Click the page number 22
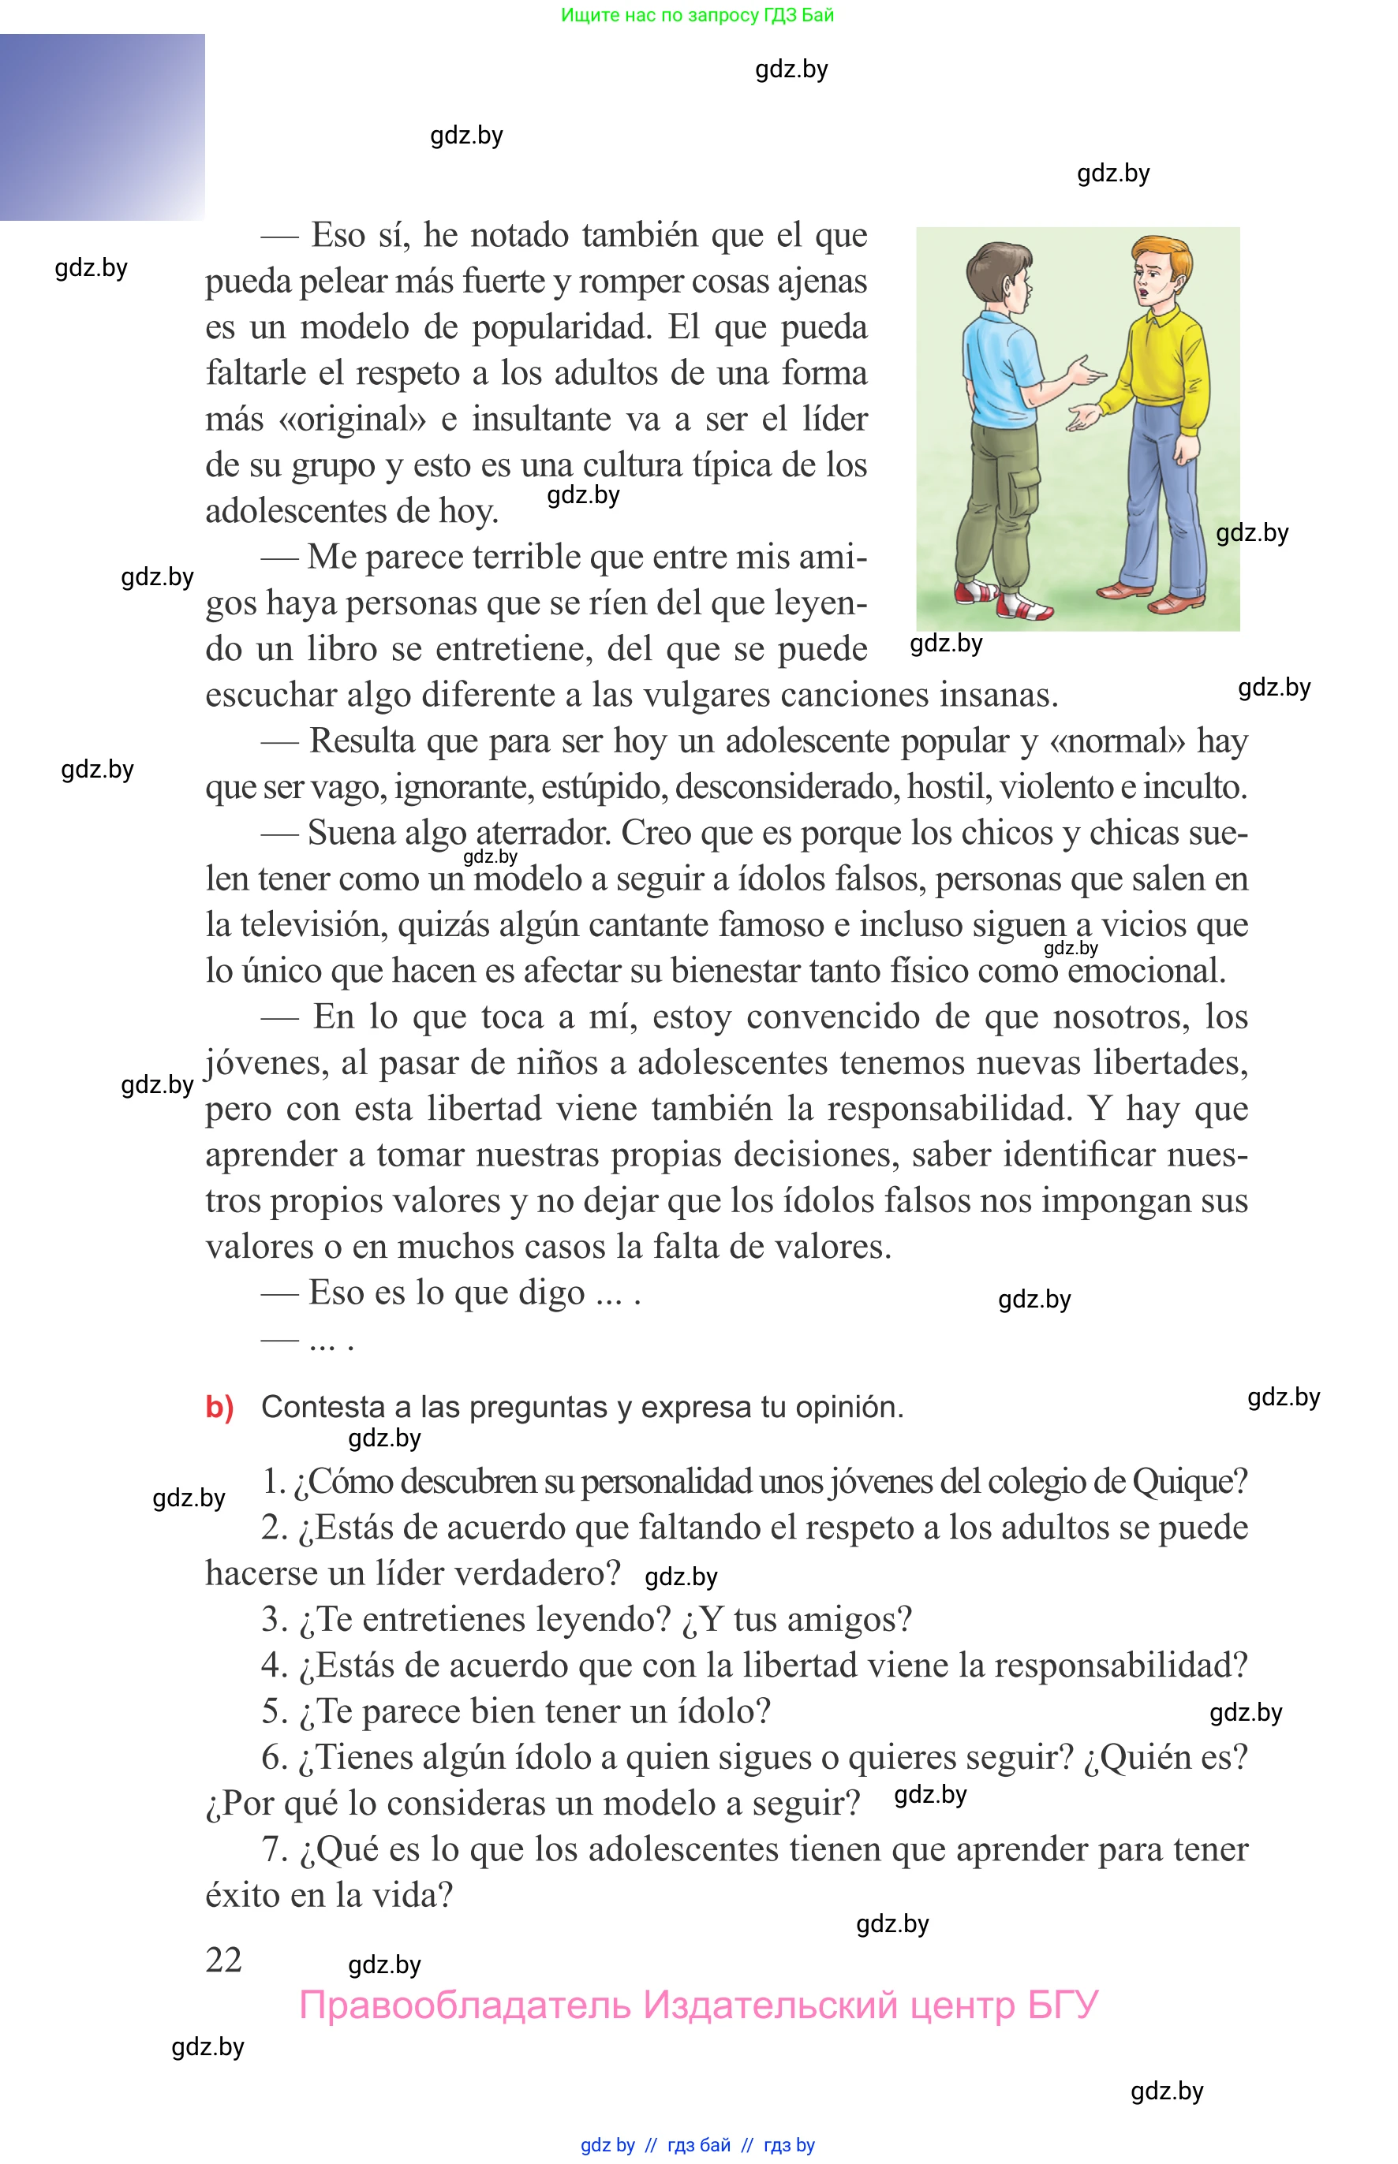[x=223, y=1960]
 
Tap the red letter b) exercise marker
[x=219, y=1407]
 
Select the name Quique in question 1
[x=1189, y=1483]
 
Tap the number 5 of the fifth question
[x=271, y=1712]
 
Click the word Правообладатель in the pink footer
[x=464, y=2005]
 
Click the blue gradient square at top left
[x=102, y=127]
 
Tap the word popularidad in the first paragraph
[x=562, y=327]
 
